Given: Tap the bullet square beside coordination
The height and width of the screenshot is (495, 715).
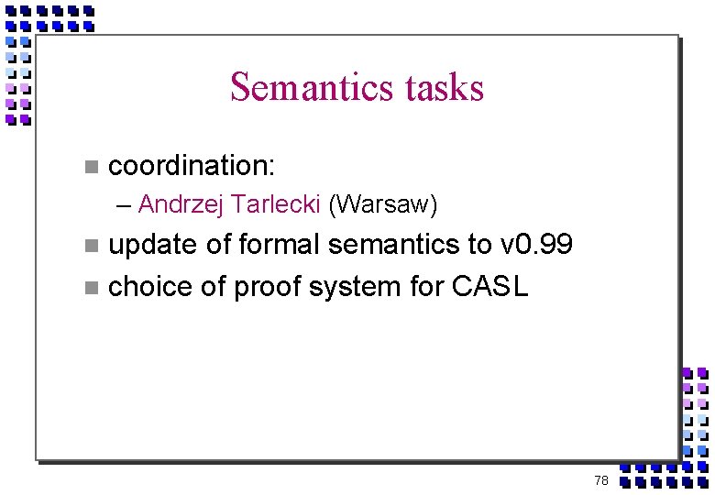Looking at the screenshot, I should [90, 167].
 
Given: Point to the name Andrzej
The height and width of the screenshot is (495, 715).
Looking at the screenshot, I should [181, 204].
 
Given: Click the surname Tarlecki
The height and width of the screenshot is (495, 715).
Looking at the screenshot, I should [276, 203].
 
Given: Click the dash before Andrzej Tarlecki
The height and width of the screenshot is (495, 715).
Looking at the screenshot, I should [125, 205].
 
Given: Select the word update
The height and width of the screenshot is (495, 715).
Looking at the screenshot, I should [151, 246].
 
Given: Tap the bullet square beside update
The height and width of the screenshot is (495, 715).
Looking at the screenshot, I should [90, 246].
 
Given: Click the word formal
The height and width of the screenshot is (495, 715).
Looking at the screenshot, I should [278, 245].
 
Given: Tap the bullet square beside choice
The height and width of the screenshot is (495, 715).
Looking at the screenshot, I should [90, 288].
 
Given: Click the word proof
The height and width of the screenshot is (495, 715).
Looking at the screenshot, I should [268, 288].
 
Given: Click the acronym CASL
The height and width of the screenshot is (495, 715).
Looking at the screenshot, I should [490, 287].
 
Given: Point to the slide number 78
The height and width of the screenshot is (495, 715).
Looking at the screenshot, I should [601, 480].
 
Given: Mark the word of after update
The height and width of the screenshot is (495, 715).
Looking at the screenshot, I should [216, 245].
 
